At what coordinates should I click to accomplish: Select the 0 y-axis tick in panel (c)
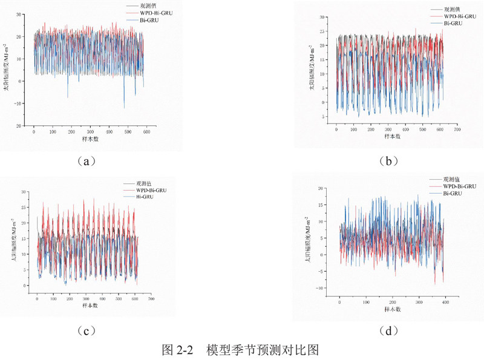[24, 286]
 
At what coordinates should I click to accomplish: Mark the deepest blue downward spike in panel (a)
[123, 108]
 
